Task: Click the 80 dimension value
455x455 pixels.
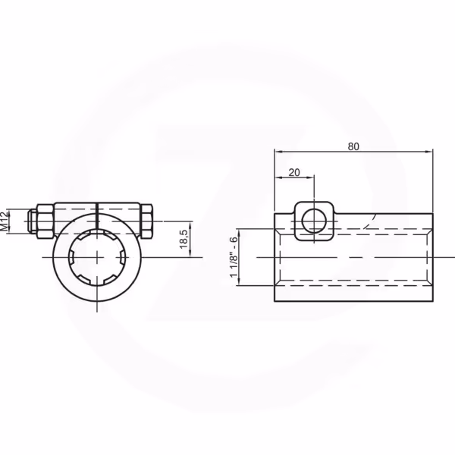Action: pyautogui.click(x=353, y=146)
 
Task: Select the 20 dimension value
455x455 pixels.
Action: pyautogui.click(x=294, y=173)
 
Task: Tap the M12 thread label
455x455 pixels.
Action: pyautogui.click(x=5, y=221)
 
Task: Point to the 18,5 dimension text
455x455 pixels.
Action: pyautogui.click(x=184, y=239)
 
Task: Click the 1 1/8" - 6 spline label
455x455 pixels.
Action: pyautogui.click(x=234, y=257)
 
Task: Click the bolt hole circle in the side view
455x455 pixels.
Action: pyautogui.click(x=314, y=221)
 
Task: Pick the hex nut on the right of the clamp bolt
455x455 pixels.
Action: pyautogui.click(x=146, y=221)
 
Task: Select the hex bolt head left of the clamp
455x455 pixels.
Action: pyautogui.click(x=45, y=221)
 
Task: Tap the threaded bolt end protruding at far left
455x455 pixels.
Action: pyautogui.click(x=32, y=221)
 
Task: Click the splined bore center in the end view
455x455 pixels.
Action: pyautogui.click(x=97, y=257)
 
